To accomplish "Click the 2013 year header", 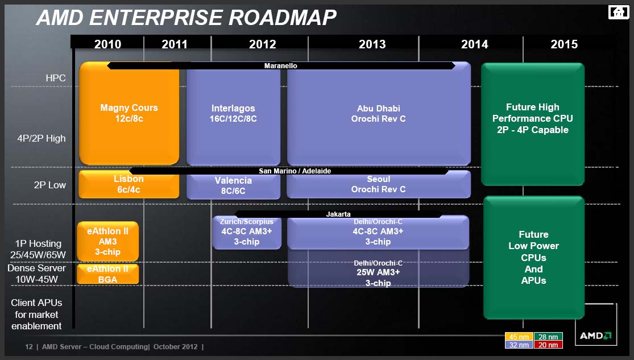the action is (372, 44).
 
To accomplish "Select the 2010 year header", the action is (107, 44).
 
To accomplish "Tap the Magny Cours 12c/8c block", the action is (129, 113).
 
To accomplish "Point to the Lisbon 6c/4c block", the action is (129, 184).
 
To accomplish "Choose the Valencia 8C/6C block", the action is (233, 186).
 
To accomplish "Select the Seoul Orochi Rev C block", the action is (379, 185).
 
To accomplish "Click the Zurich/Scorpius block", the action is (247, 233).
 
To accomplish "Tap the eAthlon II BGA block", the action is (107, 274).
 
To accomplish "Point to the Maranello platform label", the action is (281, 65).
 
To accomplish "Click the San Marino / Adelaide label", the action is (295, 171).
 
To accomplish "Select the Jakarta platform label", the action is (338, 214).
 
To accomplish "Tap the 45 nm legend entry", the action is (519, 337).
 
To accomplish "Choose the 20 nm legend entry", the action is (548, 345).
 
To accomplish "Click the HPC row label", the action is (56, 78).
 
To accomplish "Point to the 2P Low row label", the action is (49, 185).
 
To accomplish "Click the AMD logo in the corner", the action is (595, 336).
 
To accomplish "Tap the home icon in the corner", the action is (619, 12).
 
